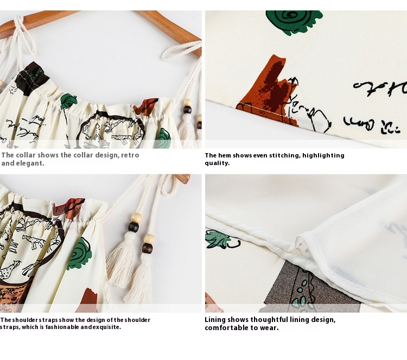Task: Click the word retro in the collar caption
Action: click(x=130, y=155)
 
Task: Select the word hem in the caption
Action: click(x=224, y=155)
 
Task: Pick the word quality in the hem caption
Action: click(x=217, y=163)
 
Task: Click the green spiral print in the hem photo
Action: click(x=294, y=22)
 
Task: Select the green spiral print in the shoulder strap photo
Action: click(x=80, y=254)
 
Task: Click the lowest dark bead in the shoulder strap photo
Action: click(x=147, y=248)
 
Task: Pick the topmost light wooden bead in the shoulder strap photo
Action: click(x=137, y=218)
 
